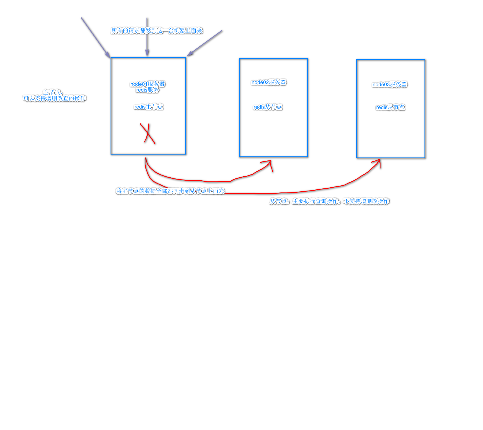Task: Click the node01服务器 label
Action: [x=148, y=84]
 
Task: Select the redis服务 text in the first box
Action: [x=148, y=90]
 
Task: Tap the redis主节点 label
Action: [x=148, y=107]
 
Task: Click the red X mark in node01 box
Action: [x=148, y=133]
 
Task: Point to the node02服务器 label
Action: [x=269, y=82]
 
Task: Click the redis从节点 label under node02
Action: [x=268, y=107]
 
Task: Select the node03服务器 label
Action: [x=390, y=84]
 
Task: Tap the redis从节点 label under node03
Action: [x=390, y=107]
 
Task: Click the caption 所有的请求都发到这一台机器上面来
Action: [x=157, y=31]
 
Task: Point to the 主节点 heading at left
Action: [x=53, y=92]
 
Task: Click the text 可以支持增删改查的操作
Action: [x=54, y=98]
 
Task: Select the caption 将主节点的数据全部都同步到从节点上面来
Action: [x=170, y=191]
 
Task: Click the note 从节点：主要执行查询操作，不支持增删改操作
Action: [x=329, y=201]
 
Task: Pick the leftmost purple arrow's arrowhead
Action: [x=108, y=55]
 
